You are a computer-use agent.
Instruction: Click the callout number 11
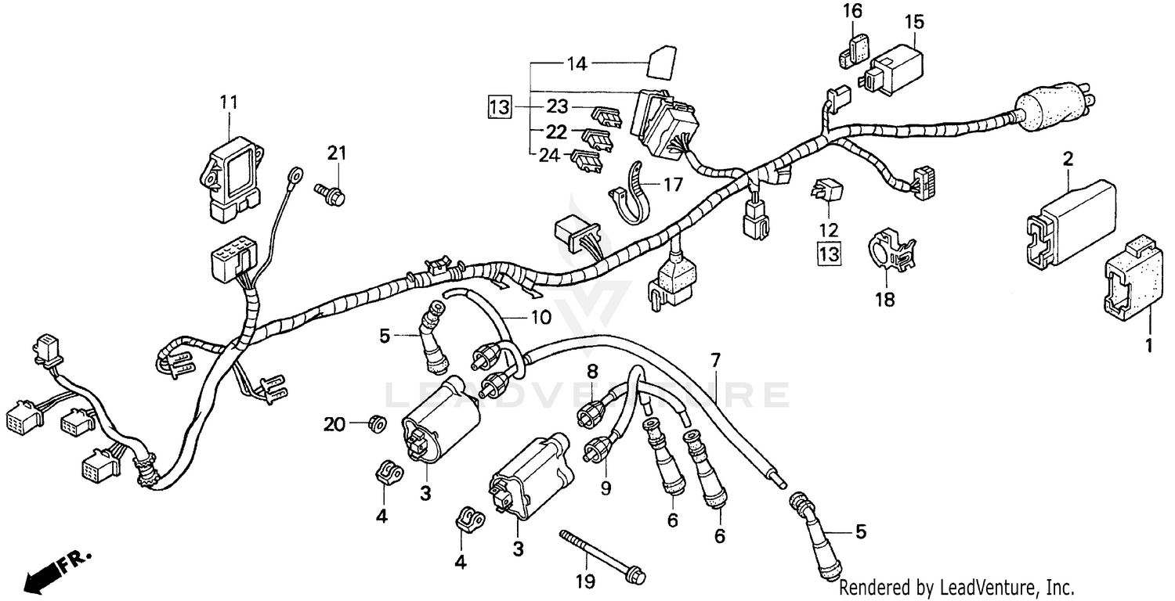pyautogui.click(x=228, y=103)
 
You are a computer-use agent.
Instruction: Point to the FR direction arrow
pyautogui.click(x=55, y=570)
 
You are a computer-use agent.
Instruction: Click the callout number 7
pyautogui.click(x=714, y=361)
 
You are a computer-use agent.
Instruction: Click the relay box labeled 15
pyautogui.click(x=893, y=64)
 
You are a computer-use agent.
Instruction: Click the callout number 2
pyautogui.click(x=1067, y=160)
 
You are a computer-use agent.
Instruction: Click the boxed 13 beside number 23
pyautogui.click(x=500, y=106)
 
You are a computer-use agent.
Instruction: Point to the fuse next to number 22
pyautogui.click(x=597, y=137)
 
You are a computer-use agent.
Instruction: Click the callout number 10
pyautogui.click(x=541, y=318)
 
